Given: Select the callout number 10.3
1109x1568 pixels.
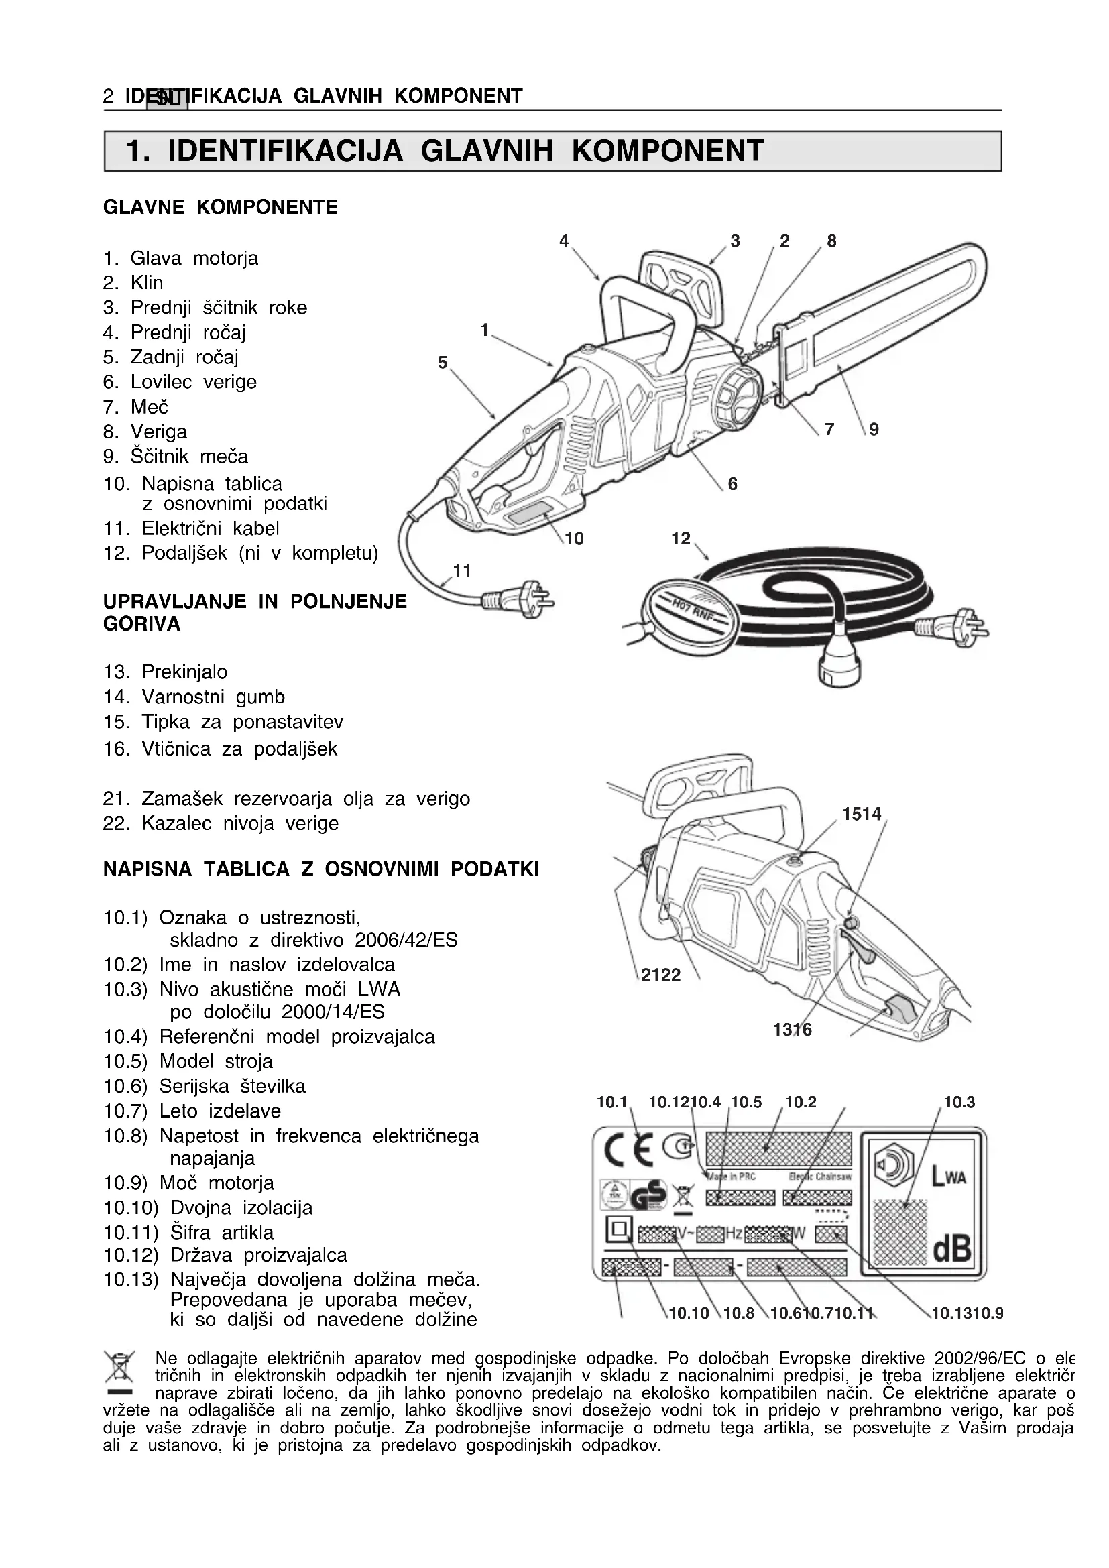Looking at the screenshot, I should coord(959,1101).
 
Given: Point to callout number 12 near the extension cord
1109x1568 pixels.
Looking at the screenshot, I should coord(680,539).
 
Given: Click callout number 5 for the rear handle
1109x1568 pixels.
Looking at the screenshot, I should coord(443,363).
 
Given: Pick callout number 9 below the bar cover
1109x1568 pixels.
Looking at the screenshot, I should coord(874,430).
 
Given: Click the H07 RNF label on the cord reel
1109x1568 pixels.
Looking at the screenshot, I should coord(690,607).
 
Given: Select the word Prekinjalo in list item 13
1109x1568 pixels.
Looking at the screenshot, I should coord(184,672).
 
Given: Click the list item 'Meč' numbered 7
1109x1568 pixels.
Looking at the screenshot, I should coord(150,407).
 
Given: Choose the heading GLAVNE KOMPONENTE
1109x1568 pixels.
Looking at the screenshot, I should coord(220,208).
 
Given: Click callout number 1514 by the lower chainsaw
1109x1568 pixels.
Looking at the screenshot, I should coord(861,814).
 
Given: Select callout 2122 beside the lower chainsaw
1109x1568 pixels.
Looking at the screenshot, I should coord(660,975).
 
